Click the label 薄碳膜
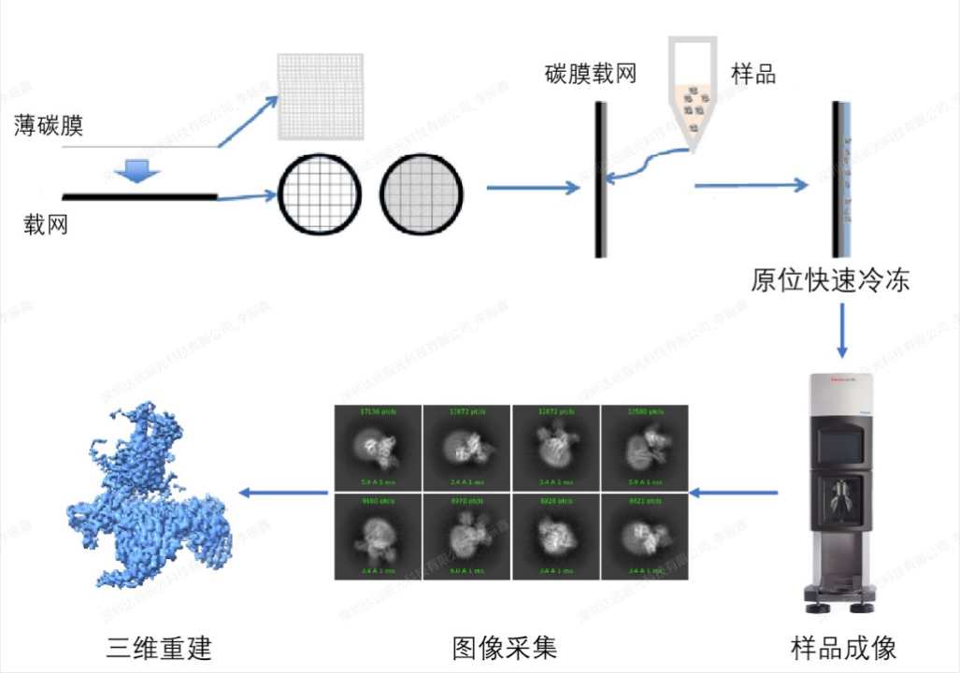click(x=49, y=124)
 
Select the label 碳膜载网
click(x=590, y=74)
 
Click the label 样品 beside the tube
click(x=753, y=74)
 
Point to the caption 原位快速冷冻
click(x=830, y=280)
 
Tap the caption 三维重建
click(x=159, y=648)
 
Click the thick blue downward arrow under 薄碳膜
click(x=137, y=169)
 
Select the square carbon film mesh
click(x=320, y=96)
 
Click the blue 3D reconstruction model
click(x=150, y=495)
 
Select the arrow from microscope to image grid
click(x=733, y=493)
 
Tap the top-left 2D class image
click(x=378, y=448)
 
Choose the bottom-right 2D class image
click(x=643, y=537)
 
